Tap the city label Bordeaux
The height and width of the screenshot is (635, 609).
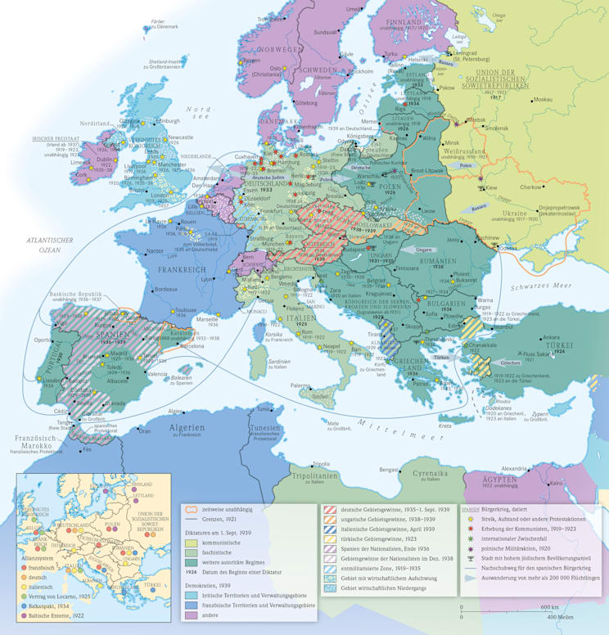pos(166,289)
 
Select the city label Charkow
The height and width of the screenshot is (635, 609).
pos(544,187)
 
